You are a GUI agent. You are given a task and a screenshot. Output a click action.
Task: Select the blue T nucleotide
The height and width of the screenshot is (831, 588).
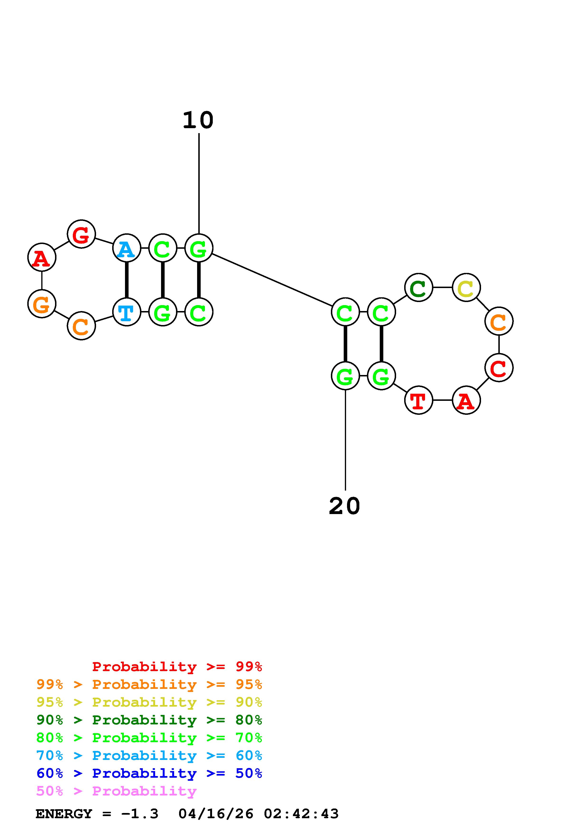pos(126,312)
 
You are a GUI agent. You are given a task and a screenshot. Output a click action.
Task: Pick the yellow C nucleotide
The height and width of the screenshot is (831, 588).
pos(466,288)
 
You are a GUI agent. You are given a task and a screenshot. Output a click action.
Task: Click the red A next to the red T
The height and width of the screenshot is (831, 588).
pos(466,400)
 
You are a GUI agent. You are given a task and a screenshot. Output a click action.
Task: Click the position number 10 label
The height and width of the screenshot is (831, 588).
pos(198,121)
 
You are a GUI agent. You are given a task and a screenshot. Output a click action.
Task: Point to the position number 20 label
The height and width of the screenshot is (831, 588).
pos(345,506)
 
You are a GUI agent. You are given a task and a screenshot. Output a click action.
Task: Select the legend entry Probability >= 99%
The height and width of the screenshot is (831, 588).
pos(177,666)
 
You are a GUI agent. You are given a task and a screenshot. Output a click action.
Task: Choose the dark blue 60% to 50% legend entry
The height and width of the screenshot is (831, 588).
pos(149,773)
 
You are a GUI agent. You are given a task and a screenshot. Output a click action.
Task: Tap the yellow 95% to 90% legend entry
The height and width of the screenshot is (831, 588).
pos(149,702)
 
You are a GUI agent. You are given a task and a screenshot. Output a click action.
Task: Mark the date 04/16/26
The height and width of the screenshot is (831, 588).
pos(216,814)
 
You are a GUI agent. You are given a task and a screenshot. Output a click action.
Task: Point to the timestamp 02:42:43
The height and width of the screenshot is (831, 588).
pos(301,814)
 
